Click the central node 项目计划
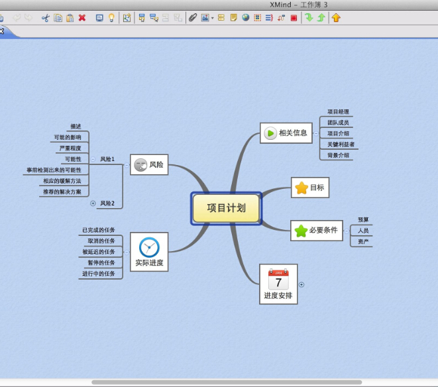click(226, 208)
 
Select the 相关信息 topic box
click(286, 133)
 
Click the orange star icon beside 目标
click(301, 188)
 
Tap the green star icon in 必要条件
click(301, 231)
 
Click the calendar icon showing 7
click(278, 279)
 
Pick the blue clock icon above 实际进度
click(149, 247)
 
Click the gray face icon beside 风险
click(140, 165)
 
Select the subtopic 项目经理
click(338, 112)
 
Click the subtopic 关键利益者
click(341, 144)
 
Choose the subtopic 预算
click(363, 220)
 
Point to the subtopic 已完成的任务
click(99, 230)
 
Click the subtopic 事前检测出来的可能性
click(54, 170)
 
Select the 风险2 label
click(107, 203)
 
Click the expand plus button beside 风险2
click(93, 203)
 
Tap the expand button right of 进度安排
click(301, 285)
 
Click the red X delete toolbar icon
click(82, 18)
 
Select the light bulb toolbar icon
click(111, 18)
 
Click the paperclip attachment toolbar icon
click(193, 18)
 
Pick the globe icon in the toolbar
click(246, 18)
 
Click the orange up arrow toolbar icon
click(336, 18)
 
